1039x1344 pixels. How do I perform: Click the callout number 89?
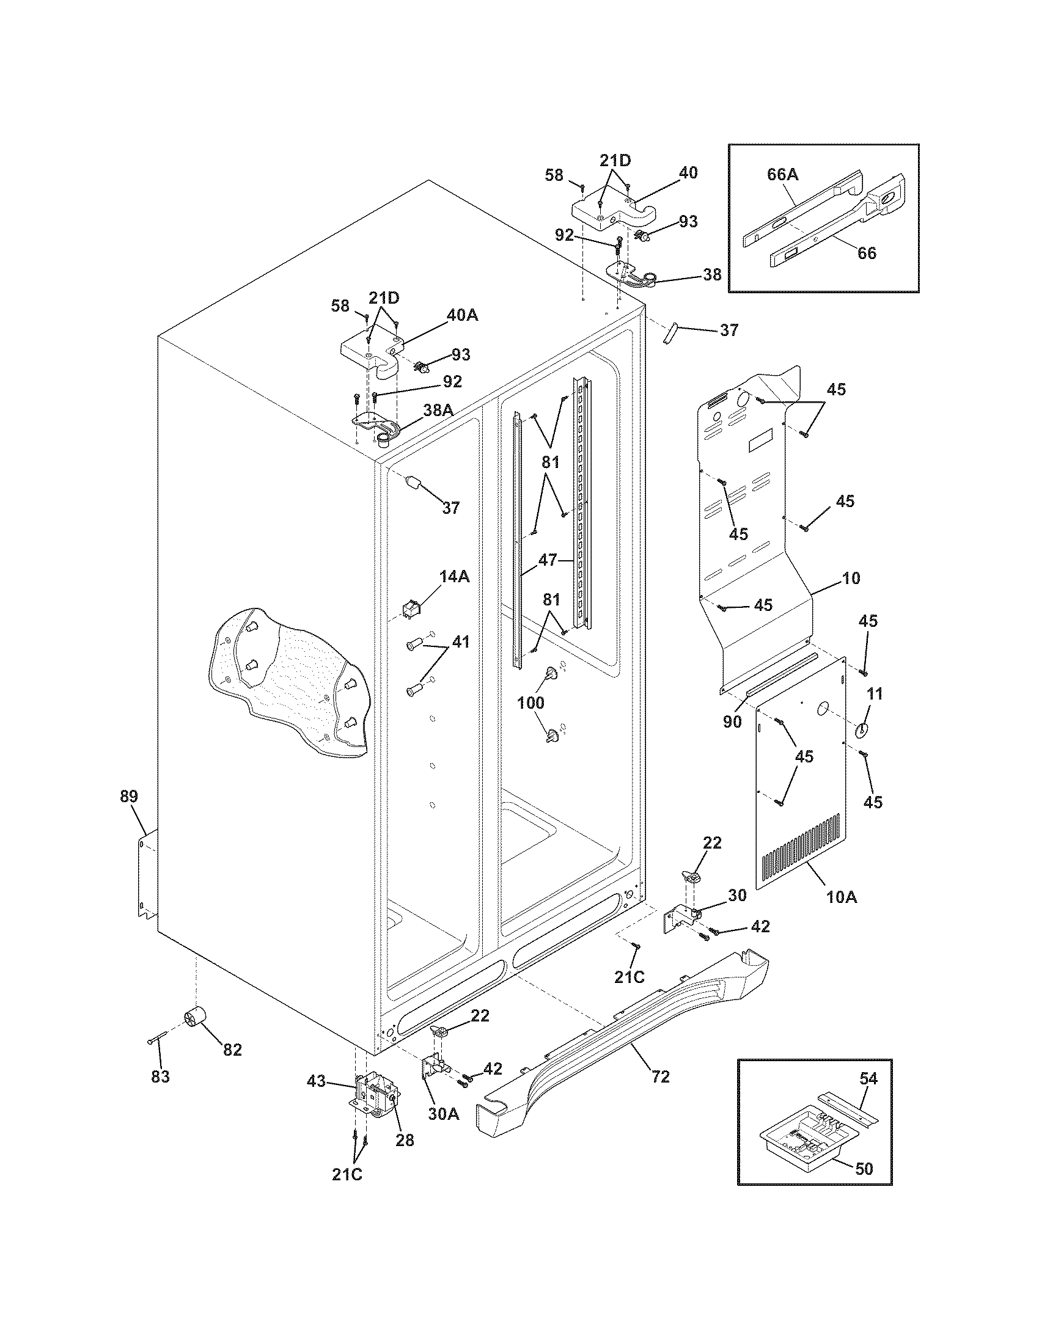[128, 796]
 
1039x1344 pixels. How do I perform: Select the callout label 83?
[160, 1076]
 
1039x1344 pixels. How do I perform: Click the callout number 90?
[732, 722]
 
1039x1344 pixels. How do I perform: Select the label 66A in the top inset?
[782, 174]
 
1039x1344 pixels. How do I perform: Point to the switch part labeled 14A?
[409, 609]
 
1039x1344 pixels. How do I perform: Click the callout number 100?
[530, 702]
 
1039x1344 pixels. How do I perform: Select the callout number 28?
[405, 1140]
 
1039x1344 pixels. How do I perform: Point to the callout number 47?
[547, 560]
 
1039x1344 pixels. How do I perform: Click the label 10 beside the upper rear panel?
[851, 578]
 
